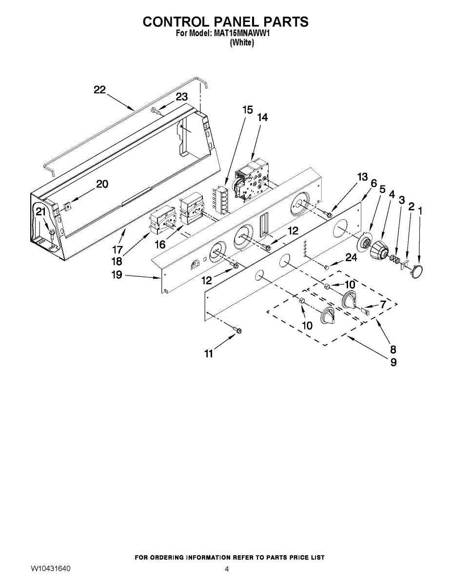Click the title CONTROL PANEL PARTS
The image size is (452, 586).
(225, 22)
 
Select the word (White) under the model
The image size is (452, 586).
(242, 42)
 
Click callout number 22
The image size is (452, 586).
(100, 90)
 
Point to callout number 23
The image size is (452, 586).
(181, 97)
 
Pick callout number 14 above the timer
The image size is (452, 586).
(262, 118)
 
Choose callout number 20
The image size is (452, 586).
(102, 184)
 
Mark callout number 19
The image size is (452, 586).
(117, 275)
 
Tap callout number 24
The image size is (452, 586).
(351, 258)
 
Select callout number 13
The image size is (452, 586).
(362, 177)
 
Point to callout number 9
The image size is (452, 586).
(393, 362)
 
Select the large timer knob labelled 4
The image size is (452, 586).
(378, 251)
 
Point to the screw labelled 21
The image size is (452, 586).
(51, 230)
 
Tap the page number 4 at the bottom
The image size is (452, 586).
(227, 569)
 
